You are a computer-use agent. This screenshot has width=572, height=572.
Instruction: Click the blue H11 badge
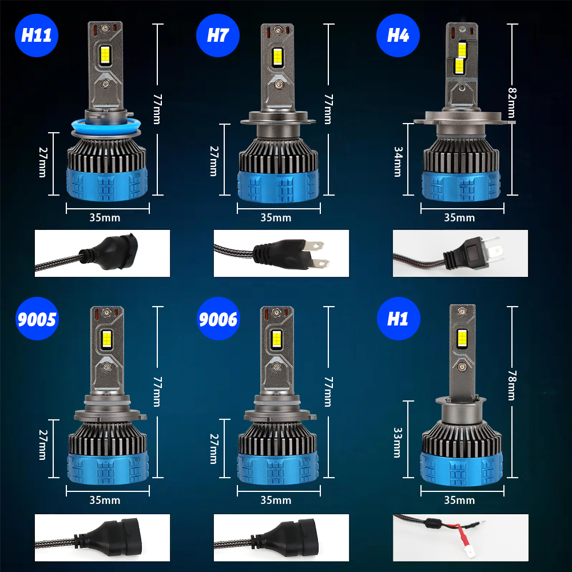(37, 35)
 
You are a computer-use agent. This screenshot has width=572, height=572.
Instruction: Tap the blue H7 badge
(217, 35)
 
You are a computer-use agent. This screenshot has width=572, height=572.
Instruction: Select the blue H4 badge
(398, 35)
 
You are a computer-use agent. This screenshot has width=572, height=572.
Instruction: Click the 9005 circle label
(37, 319)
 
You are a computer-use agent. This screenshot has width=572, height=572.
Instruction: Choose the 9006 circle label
(217, 319)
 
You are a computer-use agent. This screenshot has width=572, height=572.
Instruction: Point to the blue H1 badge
(398, 319)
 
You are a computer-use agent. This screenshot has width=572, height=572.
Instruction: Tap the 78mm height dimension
(512, 385)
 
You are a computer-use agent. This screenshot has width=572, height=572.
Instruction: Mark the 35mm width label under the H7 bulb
(276, 217)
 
